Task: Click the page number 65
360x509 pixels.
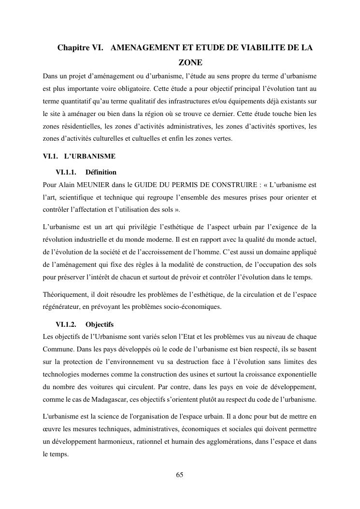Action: [x=180, y=475]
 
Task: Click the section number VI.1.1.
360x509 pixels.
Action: [x=66, y=172]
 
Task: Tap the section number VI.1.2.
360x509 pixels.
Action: [x=66, y=324]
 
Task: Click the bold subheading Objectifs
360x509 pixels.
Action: [x=99, y=324]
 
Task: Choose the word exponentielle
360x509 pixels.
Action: [x=294, y=375]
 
